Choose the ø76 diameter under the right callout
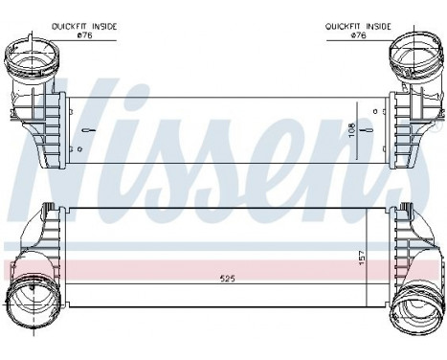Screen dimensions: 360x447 click(x=359, y=36)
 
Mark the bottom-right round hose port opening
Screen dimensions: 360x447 click(x=418, y=304)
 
